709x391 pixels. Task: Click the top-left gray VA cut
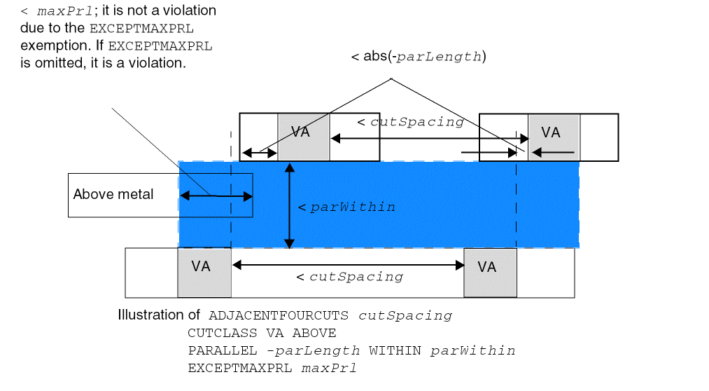click(304, 137)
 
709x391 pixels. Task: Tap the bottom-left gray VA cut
click(204, 272)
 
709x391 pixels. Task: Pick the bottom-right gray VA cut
click(490, 272)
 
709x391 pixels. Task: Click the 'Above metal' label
click(113, 194)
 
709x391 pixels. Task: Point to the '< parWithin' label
click(346, 207)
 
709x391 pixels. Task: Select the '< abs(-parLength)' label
click(419, 57)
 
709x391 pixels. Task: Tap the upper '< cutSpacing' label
click(410, 122)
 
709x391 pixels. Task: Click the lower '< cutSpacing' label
click(350, 277)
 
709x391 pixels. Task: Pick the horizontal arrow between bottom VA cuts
click(348, 265)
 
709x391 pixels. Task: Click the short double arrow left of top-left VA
click(259, 152)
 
